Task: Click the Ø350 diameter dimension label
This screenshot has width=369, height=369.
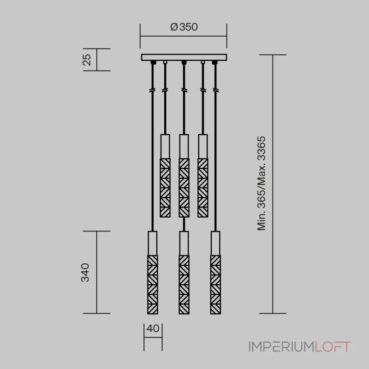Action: tap(184, 27)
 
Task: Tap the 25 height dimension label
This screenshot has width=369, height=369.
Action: tap(87, 60)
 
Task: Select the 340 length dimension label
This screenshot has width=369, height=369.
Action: tap(85, 273)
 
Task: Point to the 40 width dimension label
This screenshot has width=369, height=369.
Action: tap(153, 328)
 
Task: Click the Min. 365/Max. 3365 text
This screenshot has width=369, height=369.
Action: tap(261, 183)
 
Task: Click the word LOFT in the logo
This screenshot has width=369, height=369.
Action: tap(333, 347)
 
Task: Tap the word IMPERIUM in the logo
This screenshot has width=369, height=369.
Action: tap(281, 347)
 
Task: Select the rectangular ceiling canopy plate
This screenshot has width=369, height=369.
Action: tap(184, 57)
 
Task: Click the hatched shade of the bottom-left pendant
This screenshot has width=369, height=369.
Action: tap(153, 285)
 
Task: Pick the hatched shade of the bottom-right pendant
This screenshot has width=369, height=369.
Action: tap(215, 285)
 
